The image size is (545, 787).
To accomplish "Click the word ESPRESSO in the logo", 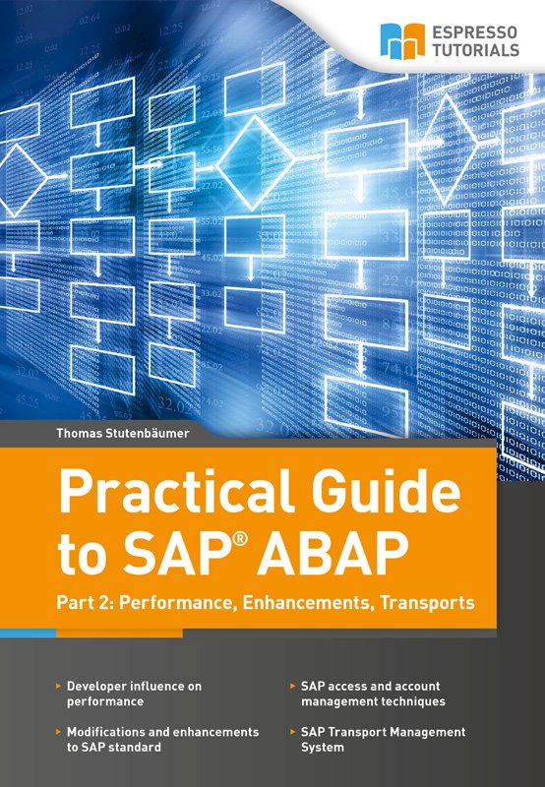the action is click(475, 32).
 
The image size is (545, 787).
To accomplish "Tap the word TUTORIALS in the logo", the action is click(476, 50).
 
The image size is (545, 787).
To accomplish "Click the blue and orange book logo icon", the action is click(402, 41).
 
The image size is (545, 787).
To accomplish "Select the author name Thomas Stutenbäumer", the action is click(123, 433).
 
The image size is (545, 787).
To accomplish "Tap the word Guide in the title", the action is click(386, 490).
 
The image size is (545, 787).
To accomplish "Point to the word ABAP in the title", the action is click(333, 554).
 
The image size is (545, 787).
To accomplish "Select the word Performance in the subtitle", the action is click(179, 602).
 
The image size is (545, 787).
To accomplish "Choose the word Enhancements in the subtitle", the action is click(307, 602).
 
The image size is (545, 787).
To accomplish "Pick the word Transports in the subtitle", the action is click(427, 602).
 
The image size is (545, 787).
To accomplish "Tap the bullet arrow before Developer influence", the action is click(59, 685).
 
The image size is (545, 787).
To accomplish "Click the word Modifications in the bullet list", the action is click(106, 732).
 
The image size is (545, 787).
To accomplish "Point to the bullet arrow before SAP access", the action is click(292, 685).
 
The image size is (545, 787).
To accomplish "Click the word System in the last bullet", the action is click(323, 748).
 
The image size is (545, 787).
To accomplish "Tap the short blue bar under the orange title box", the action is click(29, 634).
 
